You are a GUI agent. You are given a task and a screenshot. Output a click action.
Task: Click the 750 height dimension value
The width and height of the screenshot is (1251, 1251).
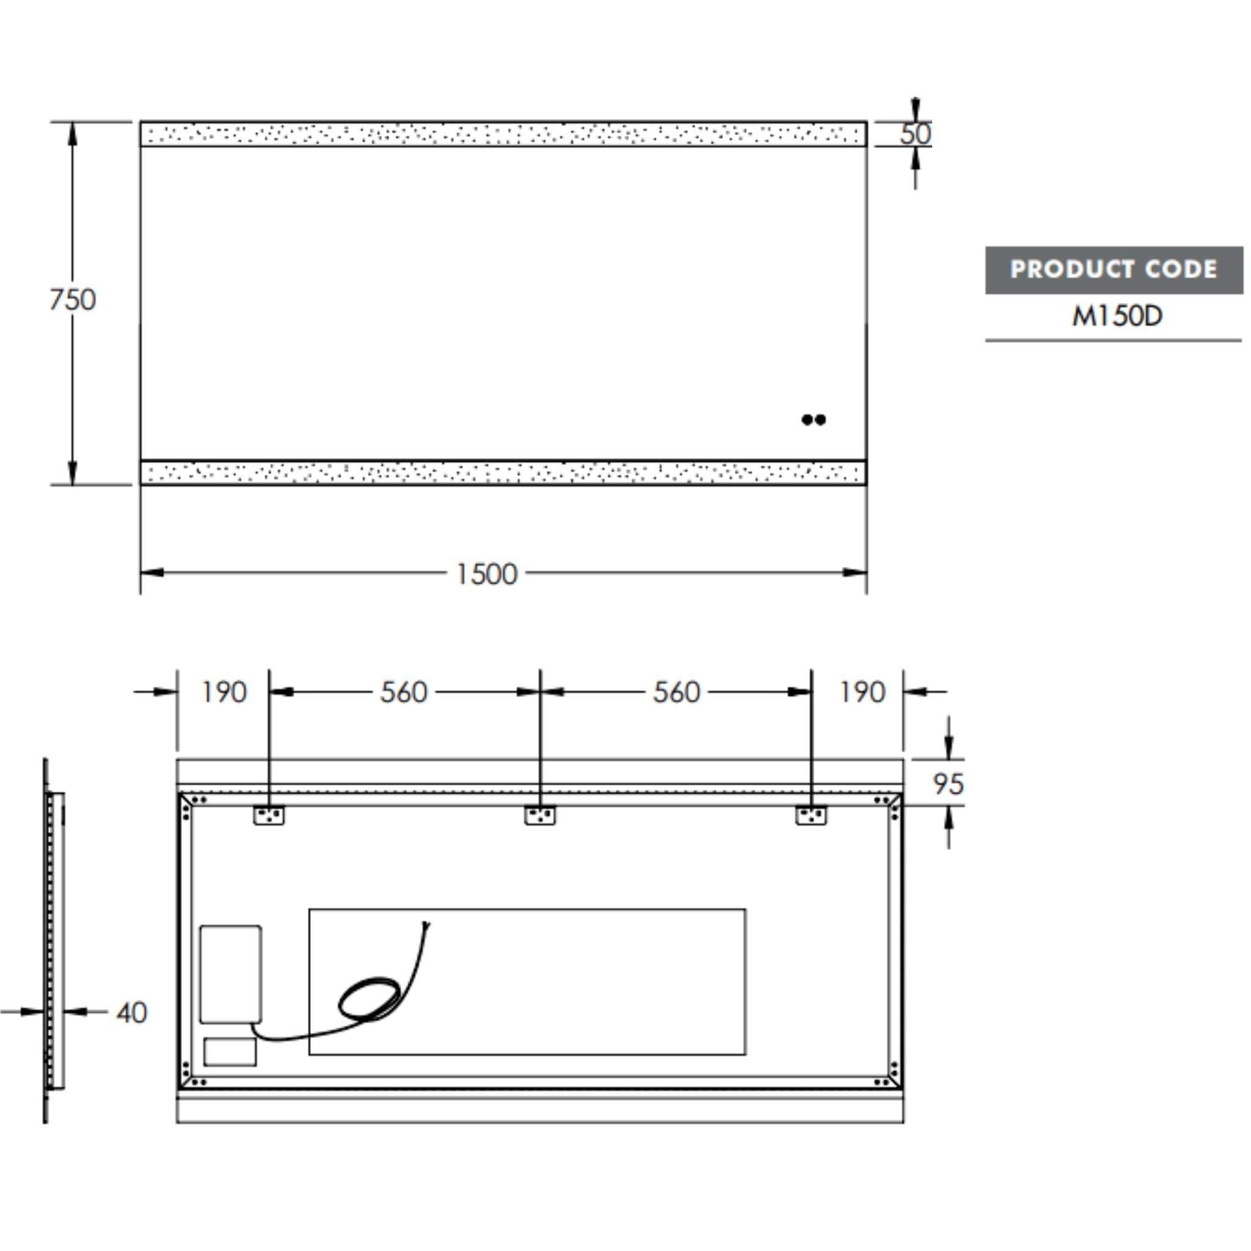(x=73, y=300)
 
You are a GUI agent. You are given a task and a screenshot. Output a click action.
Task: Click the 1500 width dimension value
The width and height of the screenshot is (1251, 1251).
(x=487, y=574)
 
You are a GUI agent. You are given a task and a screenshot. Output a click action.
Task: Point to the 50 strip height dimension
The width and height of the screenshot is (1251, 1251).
(x=915, y=134)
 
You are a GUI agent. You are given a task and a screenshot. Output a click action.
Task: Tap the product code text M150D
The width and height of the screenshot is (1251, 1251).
(x=1117, y=316)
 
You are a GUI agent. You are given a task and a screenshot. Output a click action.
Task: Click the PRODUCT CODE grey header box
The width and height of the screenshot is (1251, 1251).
(x=1114, y=270)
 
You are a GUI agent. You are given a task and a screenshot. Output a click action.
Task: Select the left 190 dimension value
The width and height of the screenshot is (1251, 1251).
(x=224, y=692)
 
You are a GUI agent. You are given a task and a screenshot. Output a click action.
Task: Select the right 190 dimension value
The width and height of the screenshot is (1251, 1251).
(x=862, y=692)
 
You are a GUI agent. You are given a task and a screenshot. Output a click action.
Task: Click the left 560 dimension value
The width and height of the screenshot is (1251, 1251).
(x=403, y=692)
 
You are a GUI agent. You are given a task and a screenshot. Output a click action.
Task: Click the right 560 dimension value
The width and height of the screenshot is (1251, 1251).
(x=676, y=692)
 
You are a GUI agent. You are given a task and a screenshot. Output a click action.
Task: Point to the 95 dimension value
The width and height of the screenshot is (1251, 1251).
(x=948, y=784)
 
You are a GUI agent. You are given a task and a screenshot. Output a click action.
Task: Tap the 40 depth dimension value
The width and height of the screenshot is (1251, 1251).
(x=131, y=1013)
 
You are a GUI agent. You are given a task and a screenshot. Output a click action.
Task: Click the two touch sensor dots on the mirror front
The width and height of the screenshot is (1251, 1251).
(x=813, y=420)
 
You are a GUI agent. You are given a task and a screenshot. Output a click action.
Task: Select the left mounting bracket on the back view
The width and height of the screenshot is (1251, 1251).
(x=269, y=815)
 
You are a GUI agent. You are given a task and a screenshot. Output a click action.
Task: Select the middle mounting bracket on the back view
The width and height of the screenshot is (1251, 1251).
(x=539, y=815)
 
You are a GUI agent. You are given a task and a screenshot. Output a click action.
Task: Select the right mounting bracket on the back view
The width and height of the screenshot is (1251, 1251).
(x=811, y=815)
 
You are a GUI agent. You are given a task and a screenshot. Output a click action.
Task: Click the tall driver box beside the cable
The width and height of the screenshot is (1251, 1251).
(x=230, y=974)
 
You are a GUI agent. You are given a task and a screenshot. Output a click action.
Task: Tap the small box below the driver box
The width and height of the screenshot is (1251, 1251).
(x=230, y=1052)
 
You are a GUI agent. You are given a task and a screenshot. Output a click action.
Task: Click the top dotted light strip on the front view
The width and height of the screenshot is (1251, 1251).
(x=503, y=134)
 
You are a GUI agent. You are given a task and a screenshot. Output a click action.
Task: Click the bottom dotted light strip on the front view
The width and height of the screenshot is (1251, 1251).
(x=503, y=473)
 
